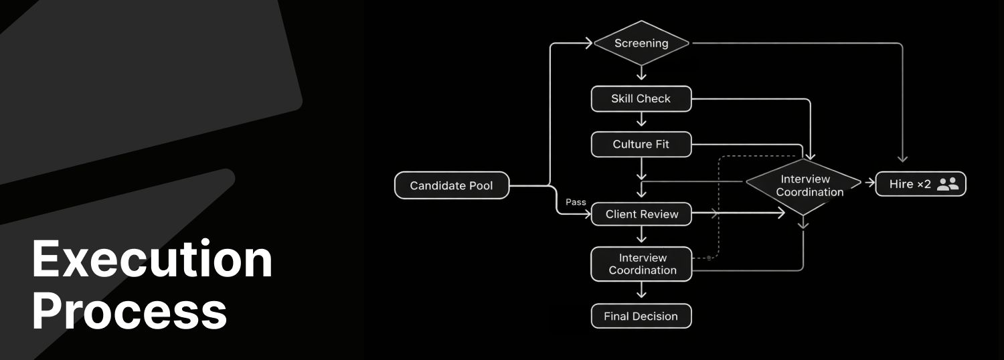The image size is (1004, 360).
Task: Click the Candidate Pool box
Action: coord(451,185)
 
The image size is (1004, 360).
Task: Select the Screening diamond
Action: coord(641,43)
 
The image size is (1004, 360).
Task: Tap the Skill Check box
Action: coord(641,98)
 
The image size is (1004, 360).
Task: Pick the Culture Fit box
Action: coord(641,144)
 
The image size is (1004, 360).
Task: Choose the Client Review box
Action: coord(641,214)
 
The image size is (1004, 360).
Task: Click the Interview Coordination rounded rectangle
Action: coord(641,264)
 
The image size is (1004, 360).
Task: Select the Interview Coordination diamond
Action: coord(805,186)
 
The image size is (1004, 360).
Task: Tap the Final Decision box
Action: coord(641,316)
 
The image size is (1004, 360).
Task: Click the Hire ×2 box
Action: coord(920,184)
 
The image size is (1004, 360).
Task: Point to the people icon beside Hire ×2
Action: coord(948,184)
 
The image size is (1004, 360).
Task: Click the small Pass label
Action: coord(576,201)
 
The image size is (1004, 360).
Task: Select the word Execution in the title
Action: coord(153,260)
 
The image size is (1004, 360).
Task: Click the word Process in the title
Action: coord(130,311)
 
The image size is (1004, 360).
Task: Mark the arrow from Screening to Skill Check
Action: coord(641,73)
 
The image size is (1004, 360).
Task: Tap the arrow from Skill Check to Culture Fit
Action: coord(641,121)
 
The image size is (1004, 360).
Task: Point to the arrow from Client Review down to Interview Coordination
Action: coord(641,235)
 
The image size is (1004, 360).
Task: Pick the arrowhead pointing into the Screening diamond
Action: coord(588,43)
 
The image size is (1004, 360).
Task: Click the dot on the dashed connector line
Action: coord(709,258)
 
